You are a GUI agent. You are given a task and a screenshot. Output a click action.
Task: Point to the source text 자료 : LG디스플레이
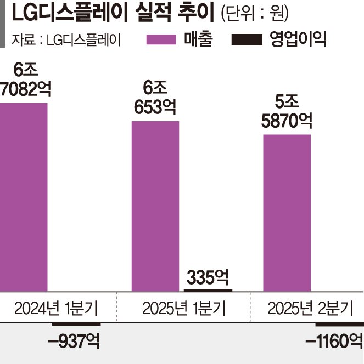pos(65,40)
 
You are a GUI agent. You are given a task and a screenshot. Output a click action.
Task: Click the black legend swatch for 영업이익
pos(249,40)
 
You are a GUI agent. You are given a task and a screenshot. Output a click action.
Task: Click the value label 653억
pos(155,107)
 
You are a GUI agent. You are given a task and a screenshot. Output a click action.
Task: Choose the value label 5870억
pos(287,119)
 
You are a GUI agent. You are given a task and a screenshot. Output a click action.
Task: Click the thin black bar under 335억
pos(209,289)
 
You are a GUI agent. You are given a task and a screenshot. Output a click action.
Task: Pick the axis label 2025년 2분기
pos(311,309)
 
